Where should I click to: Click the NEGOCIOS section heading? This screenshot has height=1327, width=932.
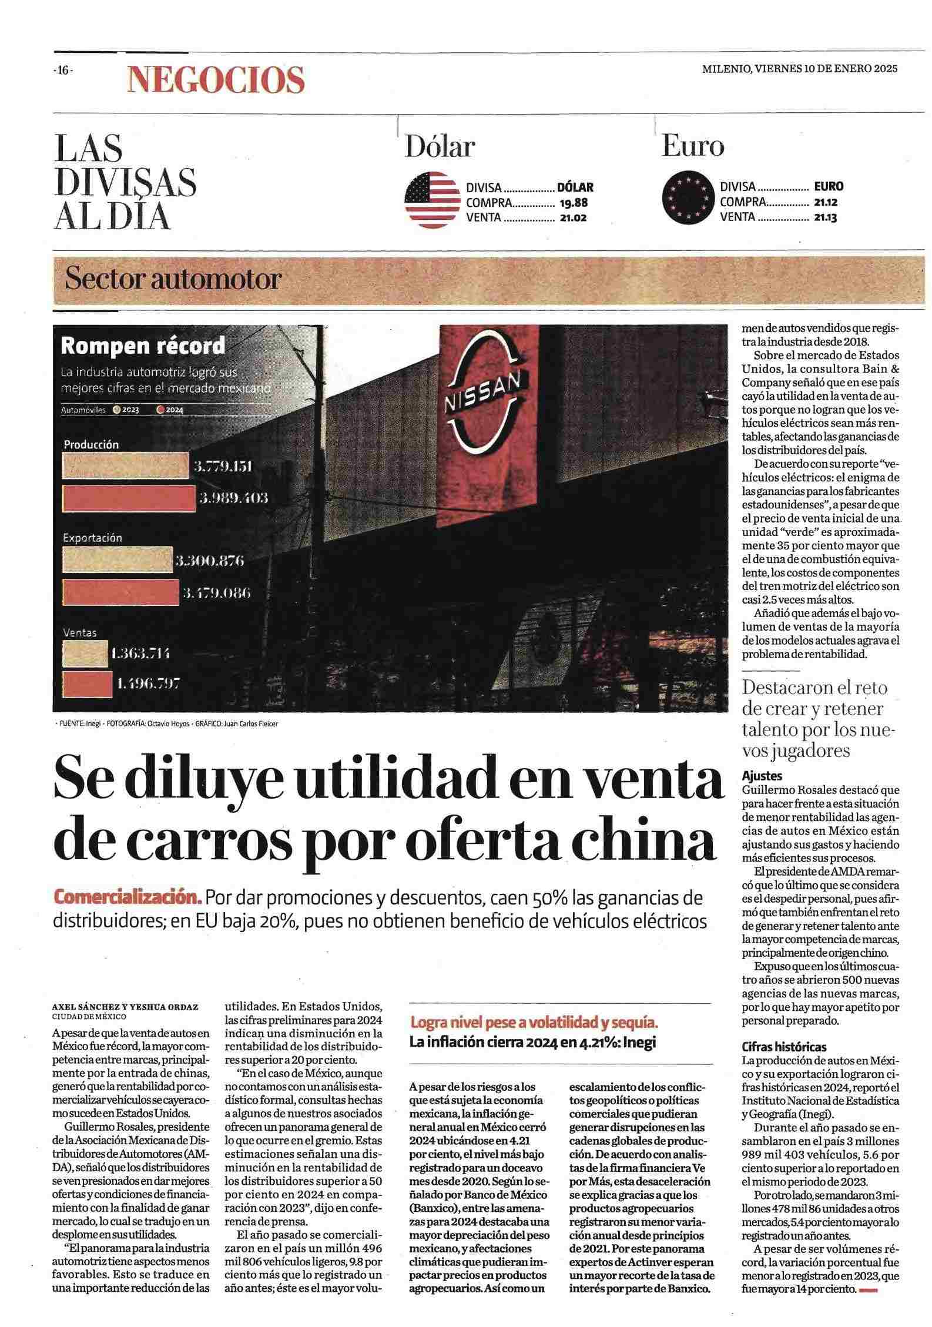216,79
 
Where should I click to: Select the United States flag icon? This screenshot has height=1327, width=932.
432,200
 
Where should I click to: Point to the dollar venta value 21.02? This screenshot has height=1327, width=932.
574,217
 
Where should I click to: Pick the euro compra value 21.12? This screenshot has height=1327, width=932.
825,202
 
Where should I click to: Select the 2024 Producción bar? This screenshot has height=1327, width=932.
129,497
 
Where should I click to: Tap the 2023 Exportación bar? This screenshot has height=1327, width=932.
118,561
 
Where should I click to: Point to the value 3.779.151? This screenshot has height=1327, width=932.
223,467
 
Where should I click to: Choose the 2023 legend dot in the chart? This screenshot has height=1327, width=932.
117,410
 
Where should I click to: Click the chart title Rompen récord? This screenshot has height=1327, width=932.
143,346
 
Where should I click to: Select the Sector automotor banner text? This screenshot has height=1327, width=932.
173,280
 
